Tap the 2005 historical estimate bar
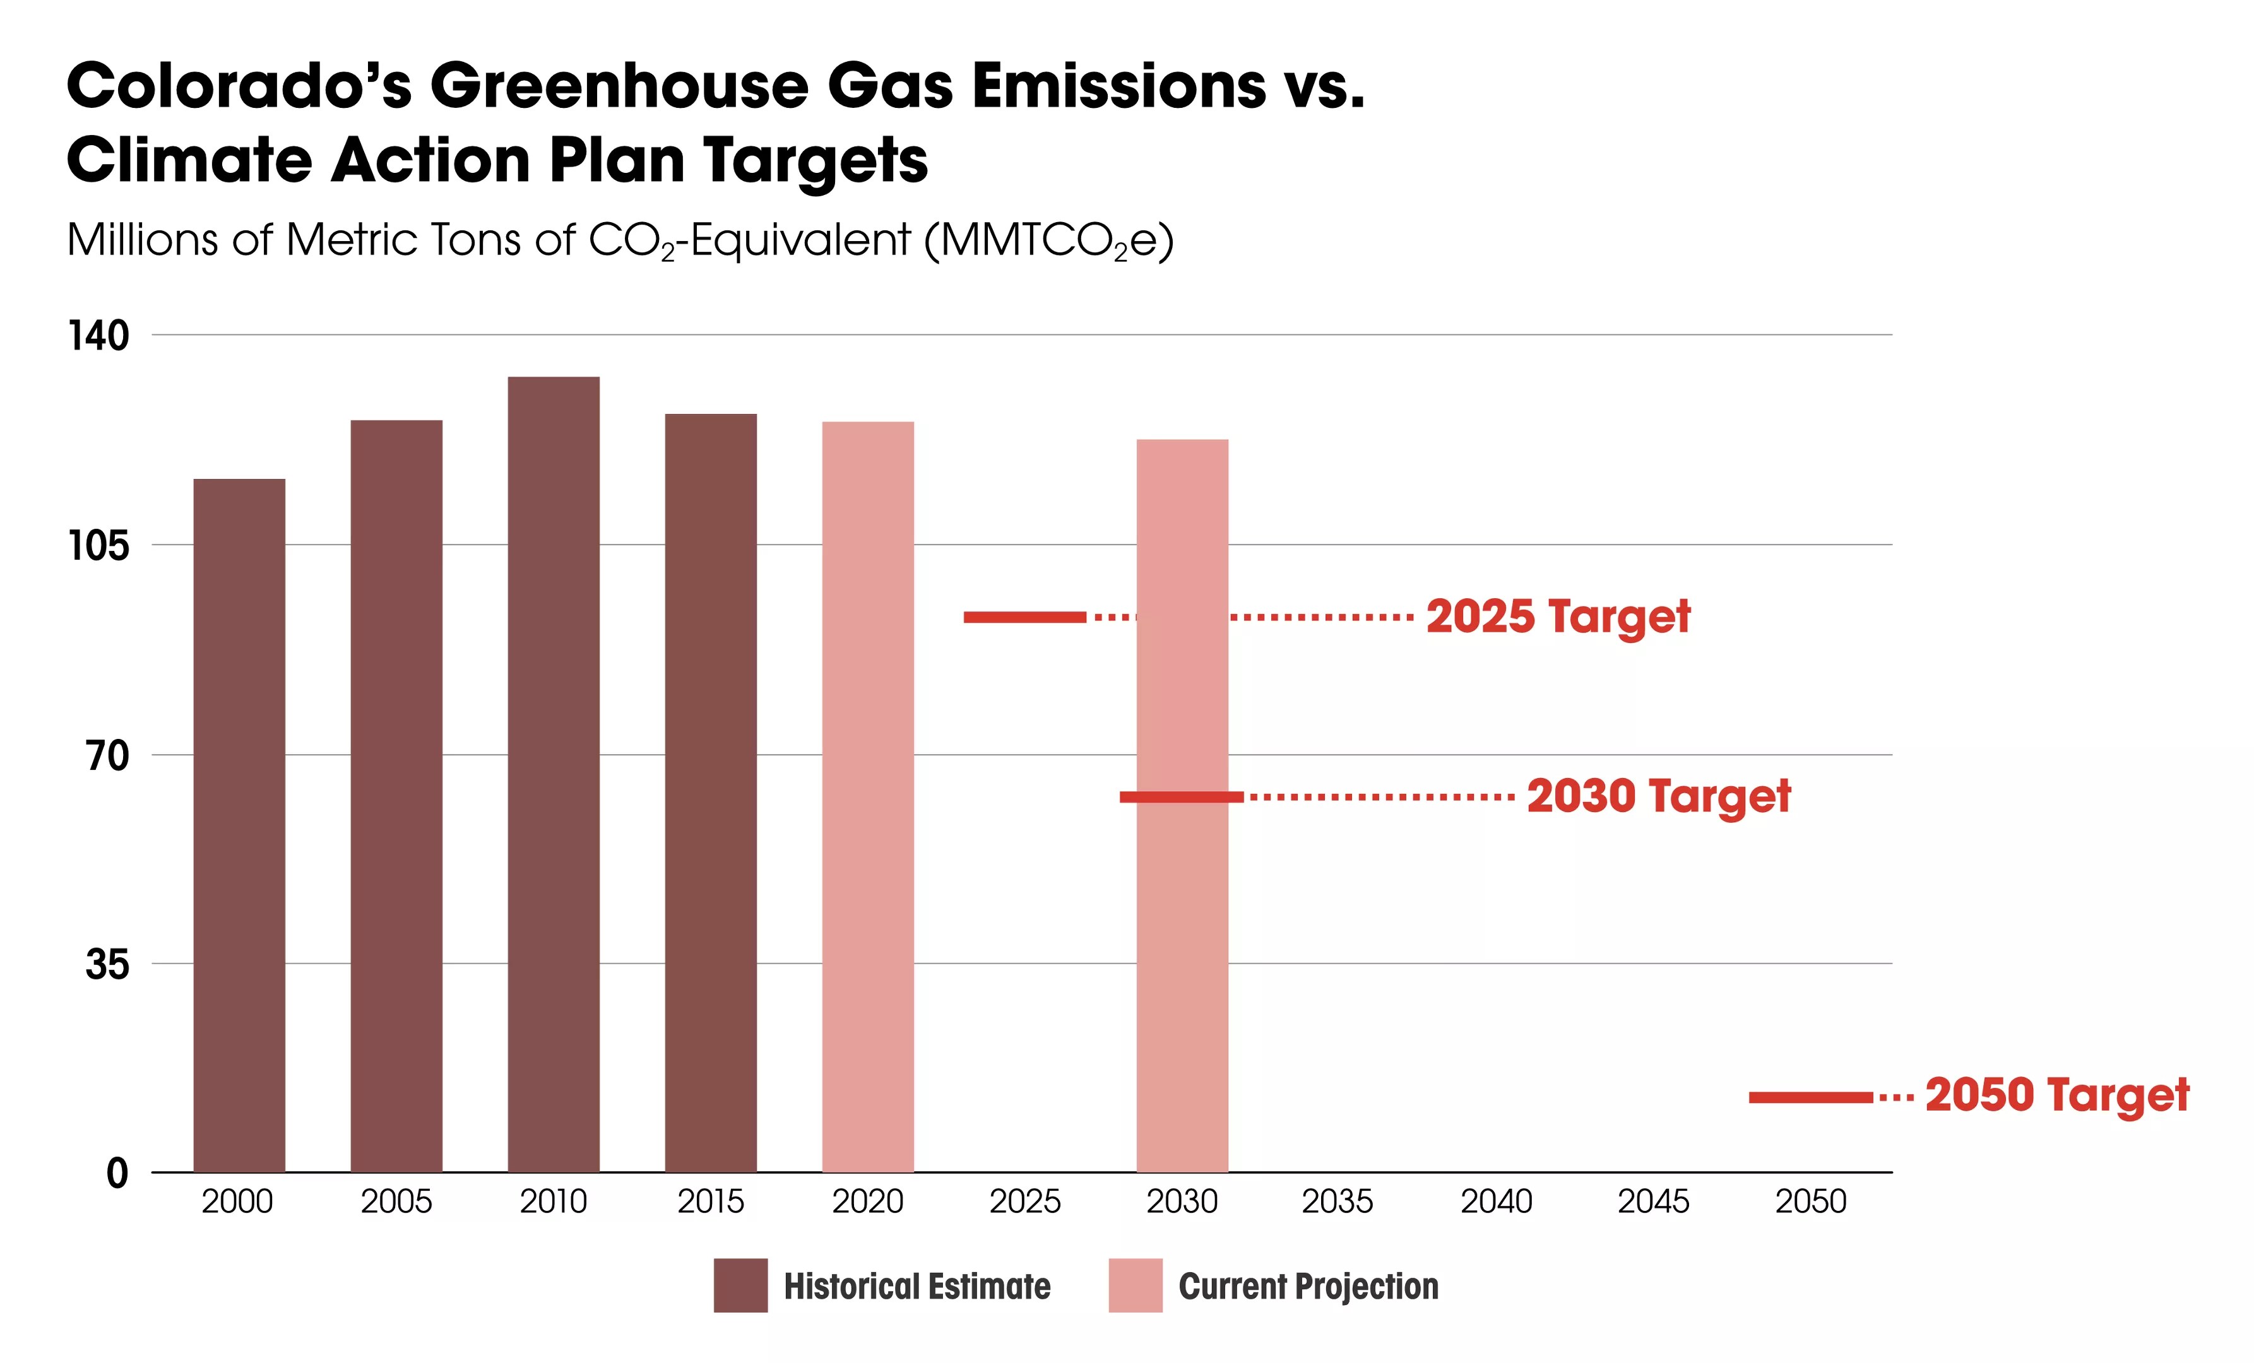pyautogui.click(x=396, y=796)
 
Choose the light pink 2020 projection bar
pyautogui.click(x=867, y=796)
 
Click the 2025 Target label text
pyautogui.click(x=1558, y=617)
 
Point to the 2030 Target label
pyautogui.click(x=1659, y=796)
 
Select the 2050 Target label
pyautogui.click(x=2056, y=1095)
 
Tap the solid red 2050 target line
pyautogui.click(x=1810, y=1097)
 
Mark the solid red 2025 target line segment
pyautogui.click(x=1024, y=618)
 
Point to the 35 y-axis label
pyautogui.click(x=107, y=964)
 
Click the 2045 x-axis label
pyautogui.click(x=1653, y=1201)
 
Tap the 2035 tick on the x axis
pyautogui.click(x=1338, y=1201)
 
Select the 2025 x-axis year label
pyautogui.click(x=1024, y=1201)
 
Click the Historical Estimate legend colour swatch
pyautogui.click(x=740, y=1285)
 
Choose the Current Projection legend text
pyautogui.click(x=1308, y=1286)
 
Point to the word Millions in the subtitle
pyautogui.click(x=143, y=240)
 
